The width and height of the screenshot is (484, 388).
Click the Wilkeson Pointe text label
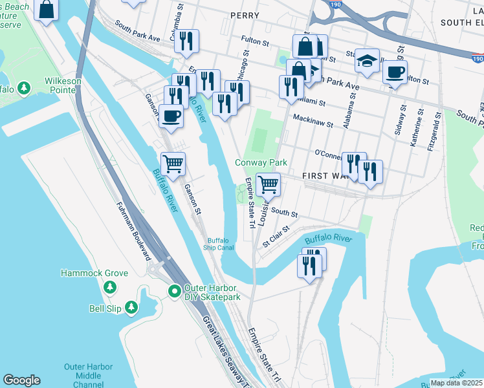coord(54,82)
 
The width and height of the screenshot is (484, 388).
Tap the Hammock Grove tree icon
coord(109,286)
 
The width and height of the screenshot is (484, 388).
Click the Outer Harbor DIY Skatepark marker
coord(174,292)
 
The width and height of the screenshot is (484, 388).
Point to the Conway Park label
coord(261,163)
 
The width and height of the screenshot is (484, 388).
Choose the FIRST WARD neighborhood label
coord(321,176)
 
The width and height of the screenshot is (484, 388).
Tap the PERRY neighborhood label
coord(244,15)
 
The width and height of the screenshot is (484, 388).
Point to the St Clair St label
coord(276,237)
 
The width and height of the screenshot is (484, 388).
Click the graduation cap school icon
coord(367,61)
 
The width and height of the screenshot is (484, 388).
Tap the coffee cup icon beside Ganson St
coord(171,116)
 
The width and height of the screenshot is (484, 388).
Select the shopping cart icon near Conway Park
coord(268,185)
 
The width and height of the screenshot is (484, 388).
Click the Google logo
coord(21,380)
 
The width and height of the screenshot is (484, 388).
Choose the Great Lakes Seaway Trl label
coord(224,349)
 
